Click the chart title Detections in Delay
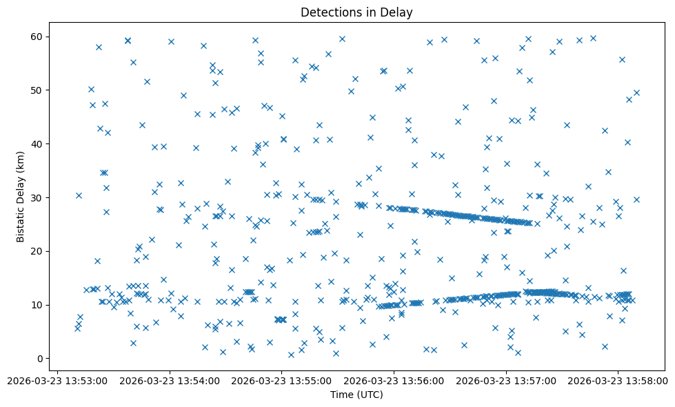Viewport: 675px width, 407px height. click(356, 12)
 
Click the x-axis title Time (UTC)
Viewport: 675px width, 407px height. click(356, 395)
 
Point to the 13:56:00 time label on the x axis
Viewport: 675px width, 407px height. click(394, 380)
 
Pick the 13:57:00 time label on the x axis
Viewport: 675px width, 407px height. click(506, 380)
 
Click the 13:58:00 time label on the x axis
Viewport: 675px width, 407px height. click(618, 380)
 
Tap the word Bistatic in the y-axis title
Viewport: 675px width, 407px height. click(21, 222)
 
